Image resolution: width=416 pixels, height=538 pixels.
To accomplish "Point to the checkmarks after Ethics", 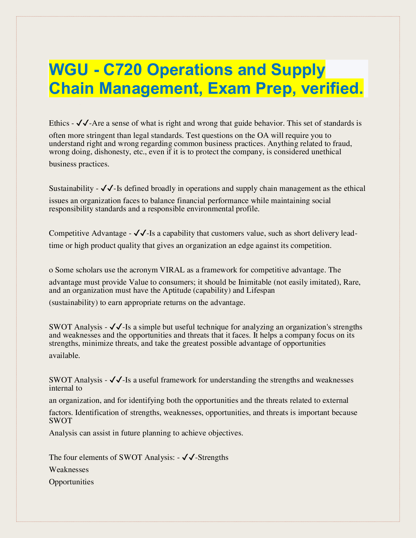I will [x=83, y=123].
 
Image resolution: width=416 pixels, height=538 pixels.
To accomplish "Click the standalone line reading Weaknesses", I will [x=69, y=469].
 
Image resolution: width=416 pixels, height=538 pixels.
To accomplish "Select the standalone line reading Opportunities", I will [x=71, y=482].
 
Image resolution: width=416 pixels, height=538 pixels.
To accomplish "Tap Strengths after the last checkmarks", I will [x=213, y=457].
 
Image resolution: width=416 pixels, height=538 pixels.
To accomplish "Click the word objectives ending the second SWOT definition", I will [x=224, y=433].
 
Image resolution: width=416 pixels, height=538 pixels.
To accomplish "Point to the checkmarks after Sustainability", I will [x=107, y=188].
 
